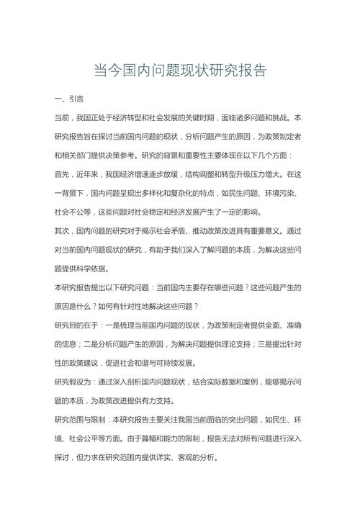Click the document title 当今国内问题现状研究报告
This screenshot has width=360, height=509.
(180, 71)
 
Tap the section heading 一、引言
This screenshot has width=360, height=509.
(69, 98)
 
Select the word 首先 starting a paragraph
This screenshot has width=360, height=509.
(63, 174)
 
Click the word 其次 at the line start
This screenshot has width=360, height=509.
(63, 230)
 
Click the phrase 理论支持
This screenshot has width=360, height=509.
(240, 343)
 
